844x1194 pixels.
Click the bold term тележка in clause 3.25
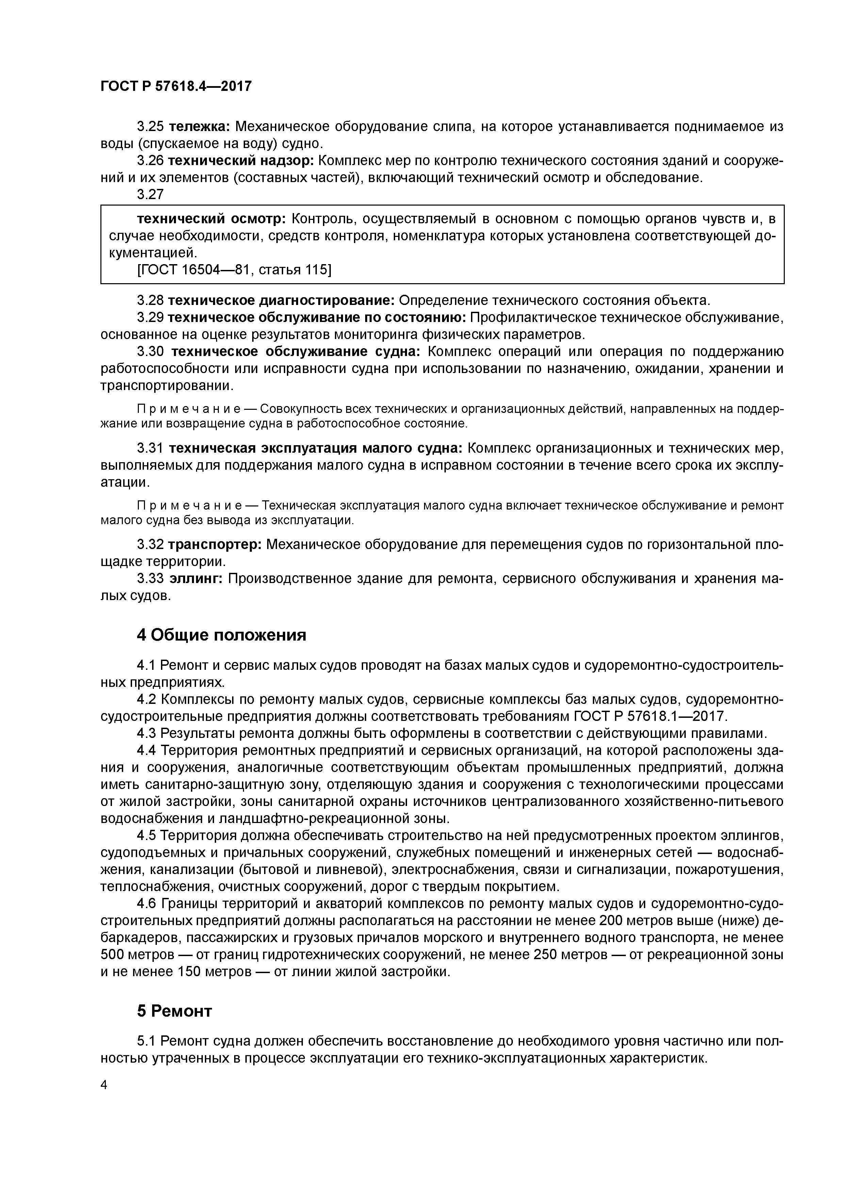click(200, 126)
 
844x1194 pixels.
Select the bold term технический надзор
click(241, 161)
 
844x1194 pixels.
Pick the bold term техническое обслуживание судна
click(295, 352)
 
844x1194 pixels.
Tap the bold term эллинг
click(196, 579)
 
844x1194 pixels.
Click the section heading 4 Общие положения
click(222, 635)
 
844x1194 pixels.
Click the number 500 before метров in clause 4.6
click(112, 955)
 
